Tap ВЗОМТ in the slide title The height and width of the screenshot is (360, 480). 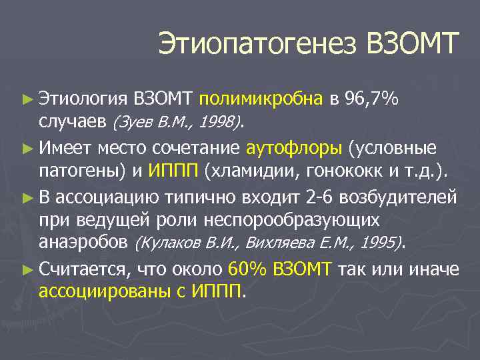click(413, 45)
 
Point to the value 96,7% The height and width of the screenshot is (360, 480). click(372, 99)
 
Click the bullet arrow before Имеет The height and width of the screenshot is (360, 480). click(27, 147)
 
